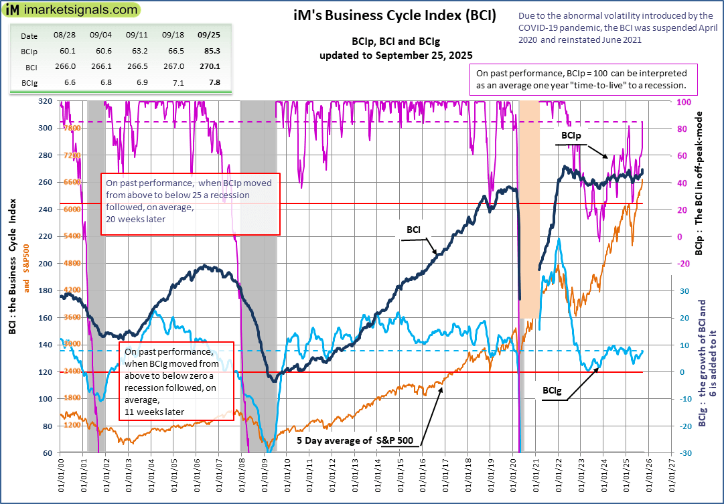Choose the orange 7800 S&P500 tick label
pyautogui.click(x=71, y=128)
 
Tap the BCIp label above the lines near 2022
pyautogui.click(x=571, y=135)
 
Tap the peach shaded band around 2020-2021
pyautogui.click(x=530, y=207)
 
